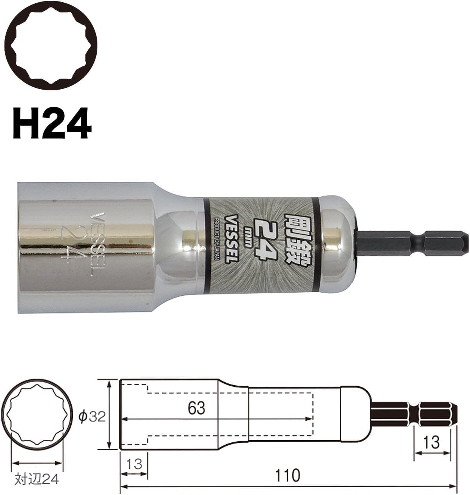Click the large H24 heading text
click(52, 124)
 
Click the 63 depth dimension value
click(197, 408)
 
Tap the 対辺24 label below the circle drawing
click(37, 479)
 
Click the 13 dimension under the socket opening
click(134, 464)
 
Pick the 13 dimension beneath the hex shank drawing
click(432, 442)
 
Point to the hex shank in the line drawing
click(414, 414)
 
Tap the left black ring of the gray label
click(205, 244)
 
